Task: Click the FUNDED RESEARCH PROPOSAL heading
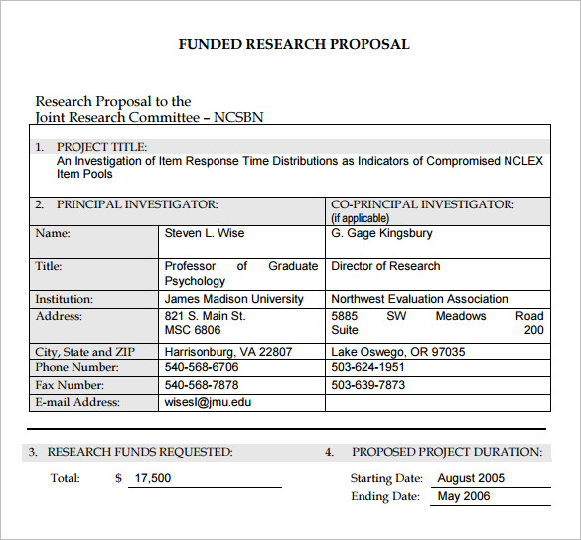[x=293, y=44]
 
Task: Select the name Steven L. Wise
[x=205, y=233]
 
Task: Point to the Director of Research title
[x=385, y=266]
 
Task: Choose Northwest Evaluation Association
[x=419, y=299]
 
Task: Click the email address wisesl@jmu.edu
[x=209, y=402]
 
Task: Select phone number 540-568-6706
[x=202, y=367]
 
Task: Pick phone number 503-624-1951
[x=368, y=367]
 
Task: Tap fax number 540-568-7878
[x=202, y=385]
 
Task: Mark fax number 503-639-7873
[x=368, y=385]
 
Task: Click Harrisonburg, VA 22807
[x=228, y=352]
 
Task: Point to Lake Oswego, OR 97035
[x=397, y=352]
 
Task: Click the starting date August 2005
[x=471, y=478]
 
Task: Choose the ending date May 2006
[x=464, y=496]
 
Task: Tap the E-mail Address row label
[x=77, y=402]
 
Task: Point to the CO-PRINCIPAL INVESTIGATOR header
[x=422, y=204]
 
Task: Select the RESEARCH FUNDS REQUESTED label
[x=140, y=452]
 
